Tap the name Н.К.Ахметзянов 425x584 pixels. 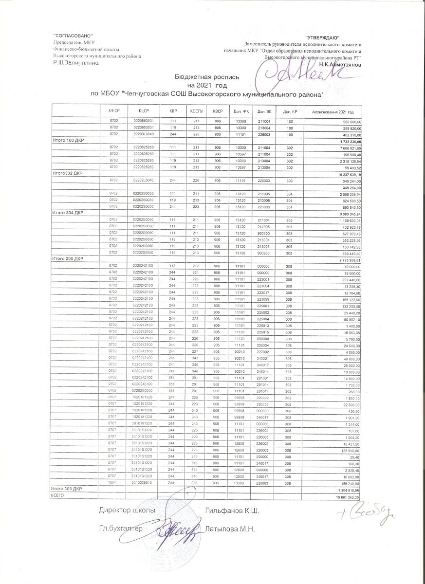click(340, 64)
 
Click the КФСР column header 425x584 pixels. click(113, 111)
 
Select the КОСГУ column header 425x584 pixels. click(196, 111)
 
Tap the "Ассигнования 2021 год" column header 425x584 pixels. click(333, 111)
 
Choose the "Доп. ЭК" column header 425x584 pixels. click(264, 111)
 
